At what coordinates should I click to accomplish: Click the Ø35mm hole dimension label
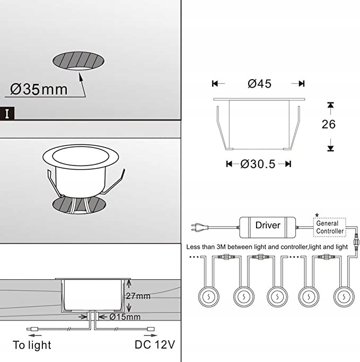39,89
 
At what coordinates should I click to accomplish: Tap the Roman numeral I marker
7,113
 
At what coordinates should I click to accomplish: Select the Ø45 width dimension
259,84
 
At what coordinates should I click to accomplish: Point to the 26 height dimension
329,124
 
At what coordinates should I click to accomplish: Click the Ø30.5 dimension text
258,164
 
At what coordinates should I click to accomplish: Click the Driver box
268,225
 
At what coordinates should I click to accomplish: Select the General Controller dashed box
330,227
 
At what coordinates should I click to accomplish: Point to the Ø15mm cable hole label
125,317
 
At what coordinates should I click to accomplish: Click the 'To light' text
32,345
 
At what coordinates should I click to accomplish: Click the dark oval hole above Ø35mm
80,61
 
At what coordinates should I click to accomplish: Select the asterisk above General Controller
317,214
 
